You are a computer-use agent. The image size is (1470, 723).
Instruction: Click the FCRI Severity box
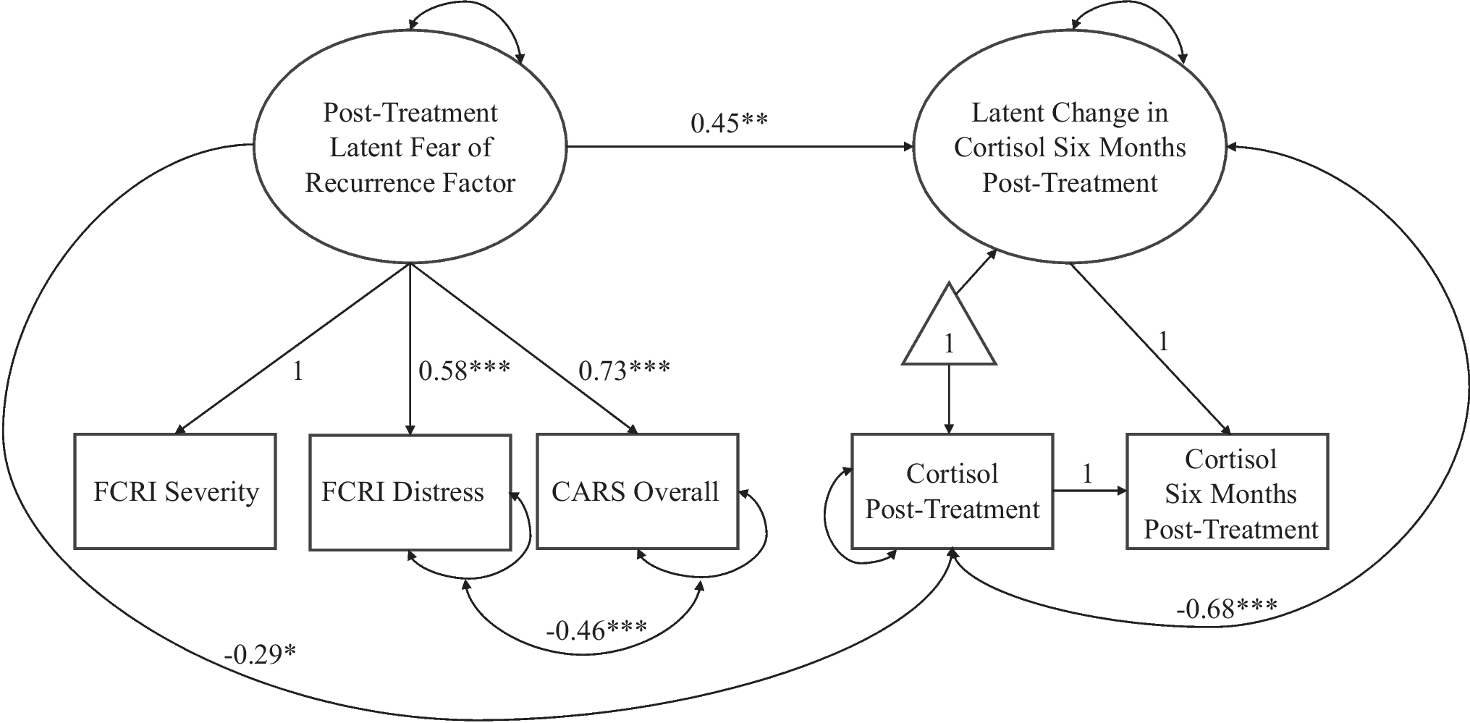click(175, 491)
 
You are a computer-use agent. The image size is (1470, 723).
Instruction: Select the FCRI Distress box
click(410, 491)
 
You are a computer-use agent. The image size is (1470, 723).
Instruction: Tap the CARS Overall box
click(637, 491)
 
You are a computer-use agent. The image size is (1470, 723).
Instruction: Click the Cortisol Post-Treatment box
click(952, 491)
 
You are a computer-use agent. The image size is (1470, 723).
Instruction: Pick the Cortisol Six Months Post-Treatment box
click(1228, 491)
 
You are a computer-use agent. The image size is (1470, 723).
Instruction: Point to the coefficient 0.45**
click(728, 123)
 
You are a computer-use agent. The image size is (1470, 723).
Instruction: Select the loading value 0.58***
click(464, 371)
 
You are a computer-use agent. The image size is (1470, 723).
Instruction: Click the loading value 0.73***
click(624, 371)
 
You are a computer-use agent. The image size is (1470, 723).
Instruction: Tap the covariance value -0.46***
click(596, 630)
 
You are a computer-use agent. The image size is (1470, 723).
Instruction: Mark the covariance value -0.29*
click(260, 654)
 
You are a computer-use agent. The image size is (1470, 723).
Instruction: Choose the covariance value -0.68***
click(1226, 608)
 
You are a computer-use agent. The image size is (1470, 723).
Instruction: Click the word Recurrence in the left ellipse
click(362, 182)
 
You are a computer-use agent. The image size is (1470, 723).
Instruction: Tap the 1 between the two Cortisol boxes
click(1087, 474)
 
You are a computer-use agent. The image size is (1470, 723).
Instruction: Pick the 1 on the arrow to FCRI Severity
click(297, 371)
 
